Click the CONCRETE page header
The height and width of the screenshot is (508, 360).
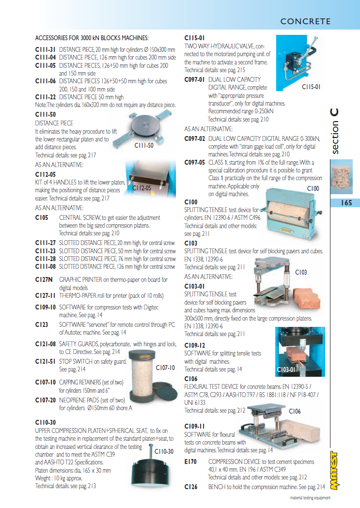pos(305,21)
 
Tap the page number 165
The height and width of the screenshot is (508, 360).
pos(346,203)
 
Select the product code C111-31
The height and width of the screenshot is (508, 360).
pos(46,49)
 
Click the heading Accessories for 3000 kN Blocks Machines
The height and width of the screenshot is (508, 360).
pos(92,38)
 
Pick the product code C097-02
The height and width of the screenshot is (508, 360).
pos(194,139)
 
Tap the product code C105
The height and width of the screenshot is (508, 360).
pos(42,218)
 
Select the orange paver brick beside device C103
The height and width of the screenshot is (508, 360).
pos(307,298)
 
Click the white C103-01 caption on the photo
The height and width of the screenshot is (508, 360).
pos(286,369)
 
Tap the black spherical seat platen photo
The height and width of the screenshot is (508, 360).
pos(151,469)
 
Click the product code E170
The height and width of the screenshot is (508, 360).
pos(190,462)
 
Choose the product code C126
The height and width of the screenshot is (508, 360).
pos(190,487)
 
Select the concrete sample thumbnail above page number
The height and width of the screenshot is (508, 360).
pos(341,177)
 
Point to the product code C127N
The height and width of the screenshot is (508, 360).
pos(44,279)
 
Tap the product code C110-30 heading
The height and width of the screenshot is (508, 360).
pos(46,422)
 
